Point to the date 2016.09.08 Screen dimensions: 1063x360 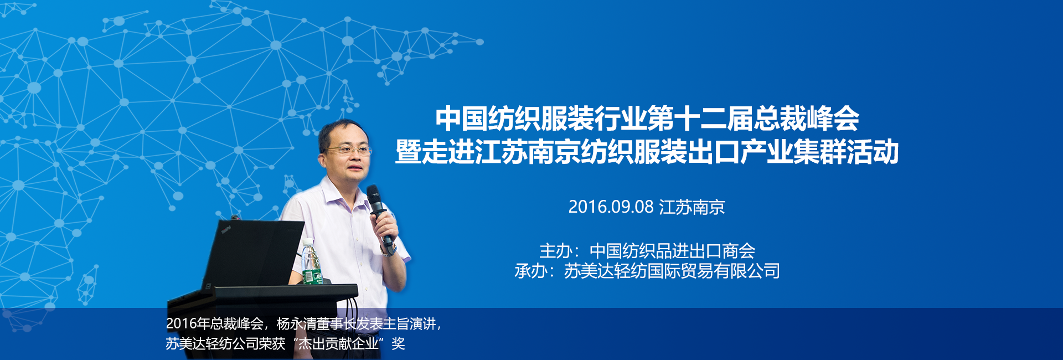point(611,207)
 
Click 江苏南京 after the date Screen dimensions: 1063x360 point(692,207)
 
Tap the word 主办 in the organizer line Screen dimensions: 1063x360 point(556,251)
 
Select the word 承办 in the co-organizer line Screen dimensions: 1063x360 point(531,271)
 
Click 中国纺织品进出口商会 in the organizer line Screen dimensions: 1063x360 point(672,251)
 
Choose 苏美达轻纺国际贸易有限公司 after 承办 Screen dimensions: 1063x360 point(672,271)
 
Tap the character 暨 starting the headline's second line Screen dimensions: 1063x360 point(408,152)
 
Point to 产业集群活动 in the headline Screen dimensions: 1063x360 point(819,152)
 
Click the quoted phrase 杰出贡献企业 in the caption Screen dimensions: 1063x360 point(339,344)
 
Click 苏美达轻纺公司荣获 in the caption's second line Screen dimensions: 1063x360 point(225,344)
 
